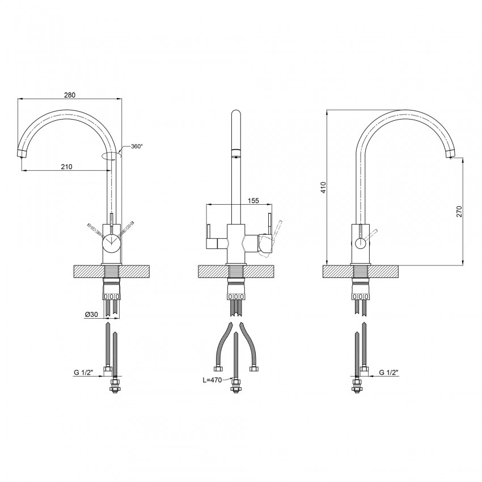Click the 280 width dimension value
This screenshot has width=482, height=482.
tap(70, 95)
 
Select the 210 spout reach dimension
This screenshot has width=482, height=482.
tap(66, 167)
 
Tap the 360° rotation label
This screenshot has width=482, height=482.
tap(137, 146)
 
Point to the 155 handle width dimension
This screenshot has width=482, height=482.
tap(253, 200)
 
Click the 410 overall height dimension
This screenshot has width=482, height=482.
tap(323, 188)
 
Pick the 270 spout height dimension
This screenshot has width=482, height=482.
tap(459, 212)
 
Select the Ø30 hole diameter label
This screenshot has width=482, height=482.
tap(91, 314)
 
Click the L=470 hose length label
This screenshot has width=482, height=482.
tap(212, 380)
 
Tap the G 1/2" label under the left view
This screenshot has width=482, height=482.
tap(83, 373)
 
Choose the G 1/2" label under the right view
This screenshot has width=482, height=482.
tap(388, 373)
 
